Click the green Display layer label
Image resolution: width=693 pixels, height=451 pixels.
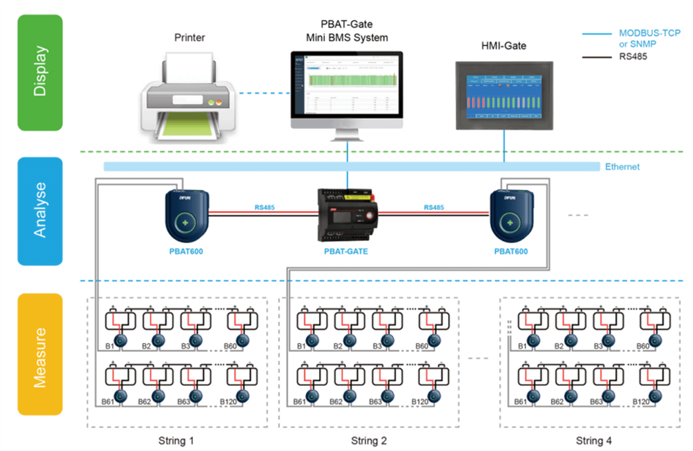click(x=40, y=73)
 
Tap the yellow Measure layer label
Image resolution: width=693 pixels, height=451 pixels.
click(x=40, y=354)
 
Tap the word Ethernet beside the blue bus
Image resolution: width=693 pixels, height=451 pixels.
click(x=622, y=167)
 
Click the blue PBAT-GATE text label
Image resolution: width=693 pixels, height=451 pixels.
click(x=346, y=251)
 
